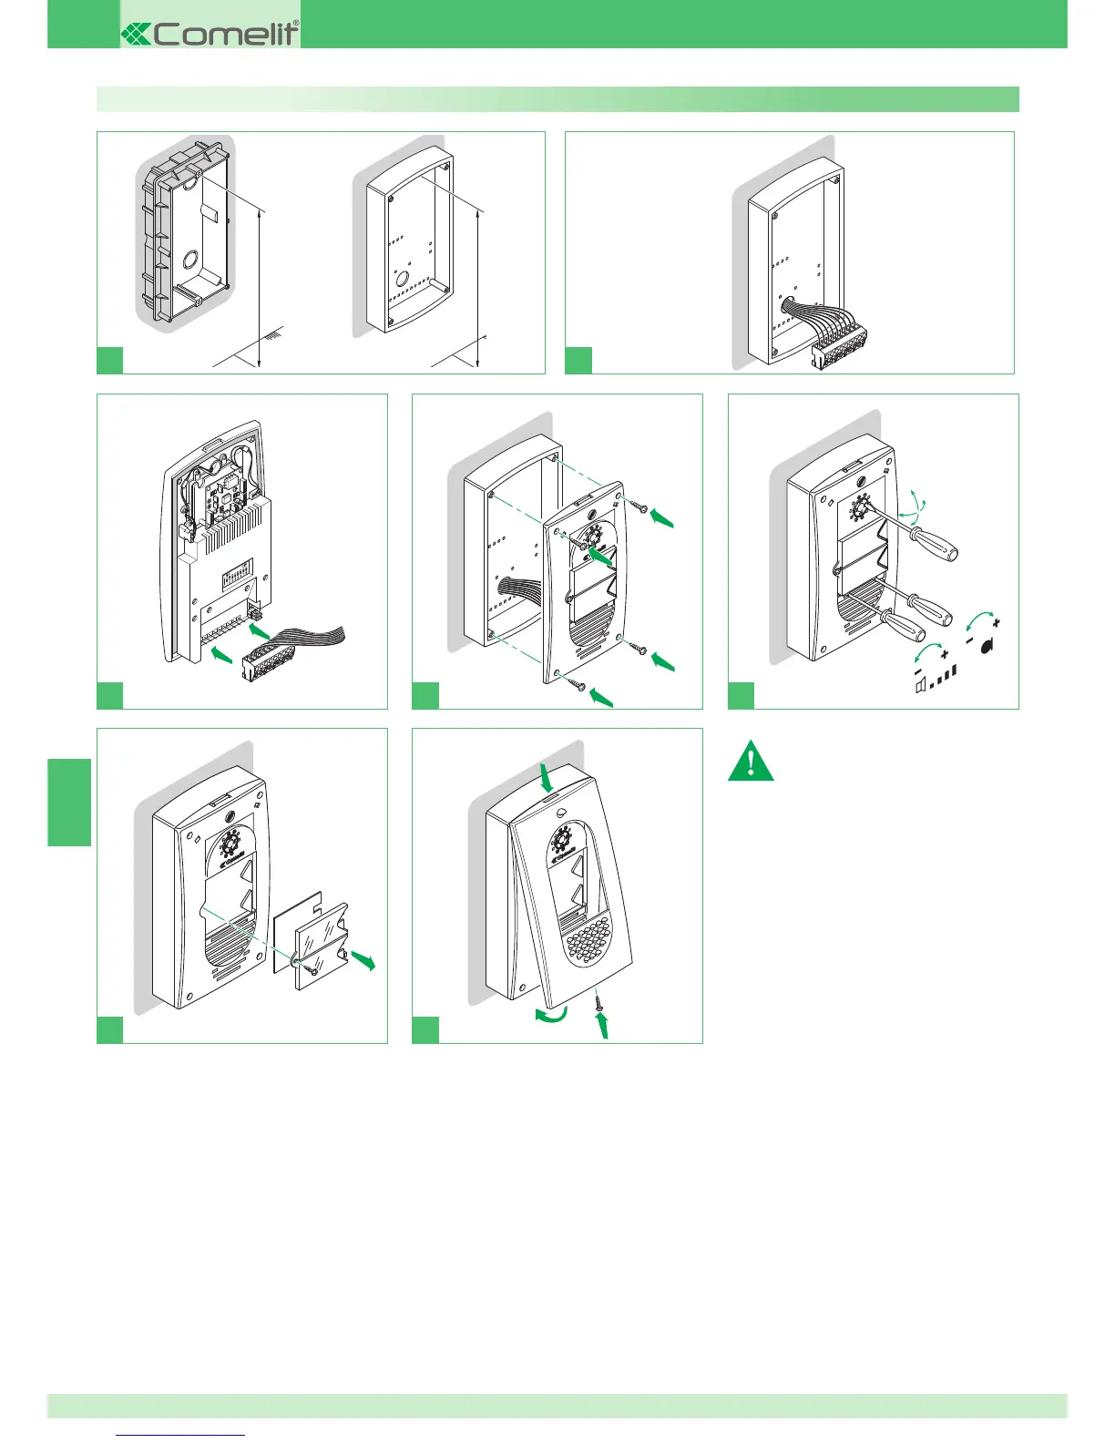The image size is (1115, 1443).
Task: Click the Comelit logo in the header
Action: (x=210, y=34)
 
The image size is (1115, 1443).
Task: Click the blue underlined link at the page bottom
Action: (x=181, y=1435)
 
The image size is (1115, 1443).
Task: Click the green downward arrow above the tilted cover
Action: (x=547, y=777)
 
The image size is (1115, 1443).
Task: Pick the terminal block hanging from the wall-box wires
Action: (x=838, y=346)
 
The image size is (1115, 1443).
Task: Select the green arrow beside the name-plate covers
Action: (x=363, y=959)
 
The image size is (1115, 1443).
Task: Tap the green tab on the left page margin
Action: (x=69, y=802)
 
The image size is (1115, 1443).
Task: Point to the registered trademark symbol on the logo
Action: (x=295, y=24)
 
